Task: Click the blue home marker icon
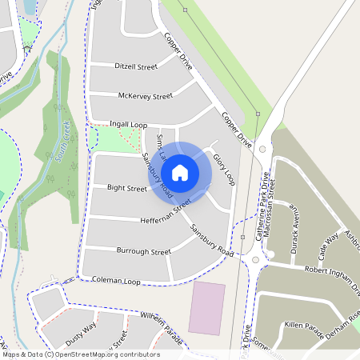[x=180, y=172]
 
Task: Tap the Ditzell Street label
[x=136, y=66]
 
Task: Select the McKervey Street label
[x=145, y=96]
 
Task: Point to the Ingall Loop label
[x=126, y=124]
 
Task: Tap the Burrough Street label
[x=143, y=251]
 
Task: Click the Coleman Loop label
[x=116, y=282]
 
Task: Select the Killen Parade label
[x=304, y=326]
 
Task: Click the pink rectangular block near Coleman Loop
[x=206, y=307]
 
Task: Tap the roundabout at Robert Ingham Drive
[x=258, y=259]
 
